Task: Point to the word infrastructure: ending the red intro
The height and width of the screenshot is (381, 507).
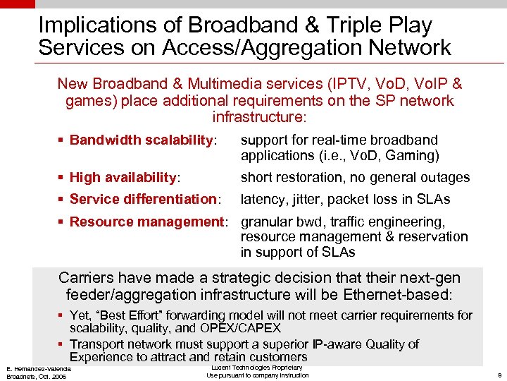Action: tap(259, 115)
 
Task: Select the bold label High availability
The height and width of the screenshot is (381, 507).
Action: tap(124, 177)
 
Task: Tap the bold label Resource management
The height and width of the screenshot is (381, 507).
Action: tap(146, 222)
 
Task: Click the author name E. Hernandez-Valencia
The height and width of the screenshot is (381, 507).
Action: tap(38, 369)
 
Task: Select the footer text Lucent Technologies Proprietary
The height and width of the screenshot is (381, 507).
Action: tap(257, 367)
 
